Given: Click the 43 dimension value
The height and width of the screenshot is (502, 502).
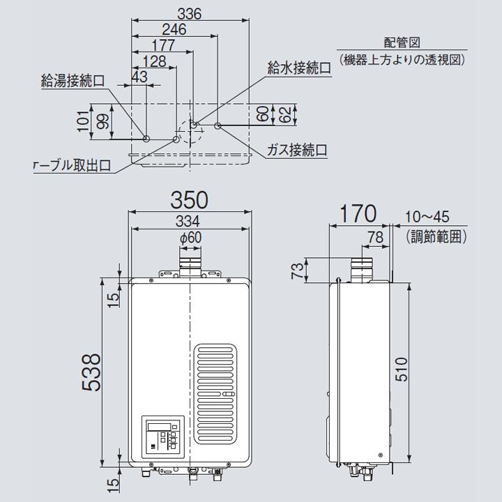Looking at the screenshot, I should click(x=139, y=77).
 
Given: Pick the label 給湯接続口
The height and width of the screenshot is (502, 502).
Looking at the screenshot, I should click(x=73, y=82).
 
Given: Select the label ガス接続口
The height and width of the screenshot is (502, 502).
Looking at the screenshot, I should click(x=298, y=150).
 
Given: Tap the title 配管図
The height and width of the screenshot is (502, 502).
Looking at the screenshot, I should click(x=402, y=44).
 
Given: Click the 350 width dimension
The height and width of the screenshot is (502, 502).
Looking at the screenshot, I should click(x=190, y=200).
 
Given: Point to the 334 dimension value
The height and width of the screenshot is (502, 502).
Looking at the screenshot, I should click(x=190, y=222).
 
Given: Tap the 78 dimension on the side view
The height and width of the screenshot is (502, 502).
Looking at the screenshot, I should click(x=375, y=237).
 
